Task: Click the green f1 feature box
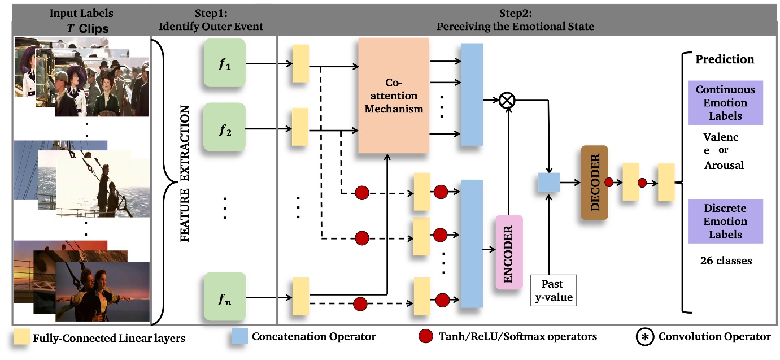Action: [x=224, y=63]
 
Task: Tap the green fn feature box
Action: [x=224, y=296]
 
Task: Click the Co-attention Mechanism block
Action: [x=394, y=96]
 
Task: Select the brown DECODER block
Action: [x=594, y=182]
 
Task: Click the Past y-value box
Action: [x=554, y=290]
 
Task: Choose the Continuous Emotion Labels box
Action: [x=725, y=103]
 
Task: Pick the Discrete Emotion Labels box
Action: [x=725, y=221]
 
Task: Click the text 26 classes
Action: [x=725, y=261]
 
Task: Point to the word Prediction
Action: [x=725, y=59]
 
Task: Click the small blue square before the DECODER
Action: [x=548, y=183]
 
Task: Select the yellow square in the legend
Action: [x=21, y=337]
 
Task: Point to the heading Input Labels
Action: [x=81, y=13]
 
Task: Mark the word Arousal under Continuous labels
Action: [x=724, y=166]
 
